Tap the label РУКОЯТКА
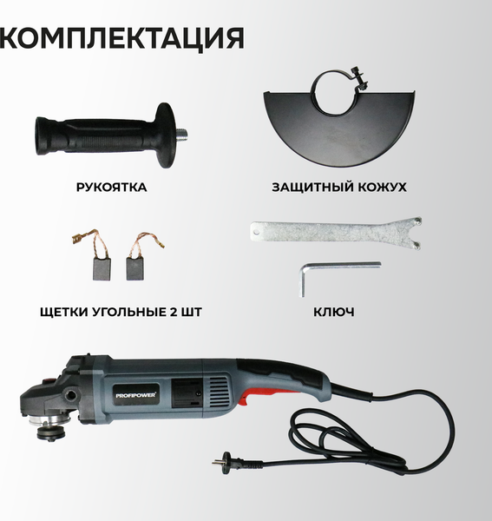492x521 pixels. [111, 187]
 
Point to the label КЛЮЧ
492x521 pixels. [335, 311]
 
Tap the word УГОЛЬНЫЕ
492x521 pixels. [136, 311]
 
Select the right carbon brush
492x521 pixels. [136, 267]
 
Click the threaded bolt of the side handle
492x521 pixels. [183, 134]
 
